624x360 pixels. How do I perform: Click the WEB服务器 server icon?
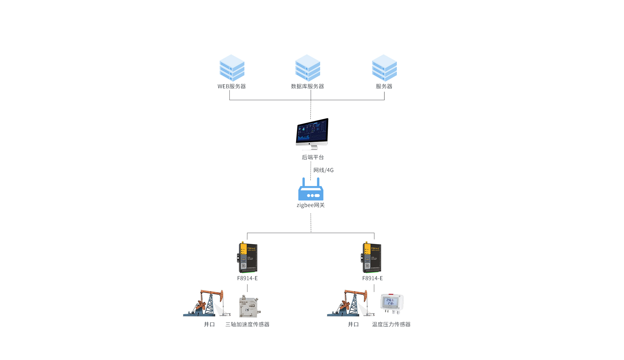[x=232, y=68]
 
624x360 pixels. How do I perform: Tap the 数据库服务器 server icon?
[x=307, y=68]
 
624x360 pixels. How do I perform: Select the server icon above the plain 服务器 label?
[x=384, y=68]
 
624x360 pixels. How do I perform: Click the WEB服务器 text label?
[x=232, y=87]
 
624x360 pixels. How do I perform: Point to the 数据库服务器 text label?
[x=307, y=87]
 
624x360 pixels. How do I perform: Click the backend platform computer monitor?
[x=312, y=133]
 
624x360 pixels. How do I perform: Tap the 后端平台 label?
[x=313, y=157]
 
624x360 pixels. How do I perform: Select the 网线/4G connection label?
[x=323, y=170]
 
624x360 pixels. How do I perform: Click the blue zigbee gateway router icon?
[x=311, y=189]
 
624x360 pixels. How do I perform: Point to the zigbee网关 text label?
[x=311, y=205]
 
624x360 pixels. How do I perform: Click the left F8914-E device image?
[x=247, y=258]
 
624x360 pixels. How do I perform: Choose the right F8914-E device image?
[x=372, y=258]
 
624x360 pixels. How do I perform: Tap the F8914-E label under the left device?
[x=247, y=278]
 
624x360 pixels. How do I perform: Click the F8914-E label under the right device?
[x=372, y=278]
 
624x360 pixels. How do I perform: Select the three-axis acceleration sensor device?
[x=249, y=306]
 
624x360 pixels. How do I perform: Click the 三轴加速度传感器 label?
[x=247, y=325]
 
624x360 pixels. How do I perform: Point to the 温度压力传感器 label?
[x=391, y=325]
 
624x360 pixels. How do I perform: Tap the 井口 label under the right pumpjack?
[x=353, y=325]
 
